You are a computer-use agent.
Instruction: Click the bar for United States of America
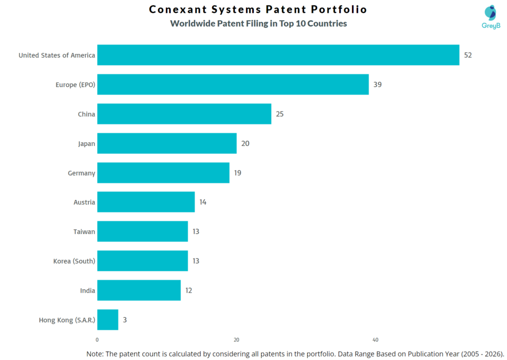(278, 55)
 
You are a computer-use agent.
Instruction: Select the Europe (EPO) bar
(233, 84)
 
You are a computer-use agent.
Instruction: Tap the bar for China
(184, 114)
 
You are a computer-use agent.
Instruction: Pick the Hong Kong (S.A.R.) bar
(107, 320)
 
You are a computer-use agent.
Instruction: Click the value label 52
(468, 55)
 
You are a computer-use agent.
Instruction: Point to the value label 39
(377, 85)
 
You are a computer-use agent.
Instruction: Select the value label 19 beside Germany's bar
(238, 173)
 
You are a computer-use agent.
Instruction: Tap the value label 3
(125, 320)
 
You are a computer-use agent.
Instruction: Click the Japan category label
(86, 144)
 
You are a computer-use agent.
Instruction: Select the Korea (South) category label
(74, 261)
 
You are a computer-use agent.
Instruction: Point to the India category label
(88, 290)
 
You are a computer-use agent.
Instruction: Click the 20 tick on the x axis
(236, 340)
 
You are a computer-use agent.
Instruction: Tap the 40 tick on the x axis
(375, 340)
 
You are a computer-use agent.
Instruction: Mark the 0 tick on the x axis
(97, 340)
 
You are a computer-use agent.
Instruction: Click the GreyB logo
(491, 18)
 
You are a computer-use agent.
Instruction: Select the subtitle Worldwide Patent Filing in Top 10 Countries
(258, 23)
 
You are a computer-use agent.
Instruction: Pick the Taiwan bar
(143, 232)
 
